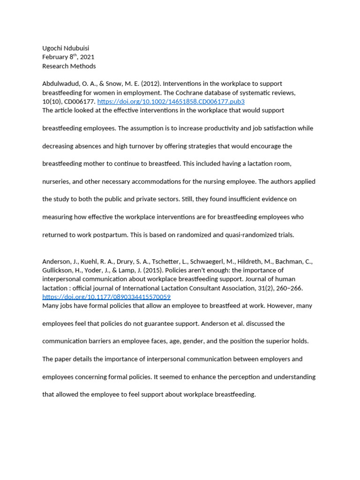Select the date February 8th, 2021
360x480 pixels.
click(x=68, y=57)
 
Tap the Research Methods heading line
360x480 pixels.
click(x=69, y=66)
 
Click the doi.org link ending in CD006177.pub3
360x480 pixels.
click(x=171, y=101)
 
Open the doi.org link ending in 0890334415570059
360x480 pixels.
click(x=106, y=297)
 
